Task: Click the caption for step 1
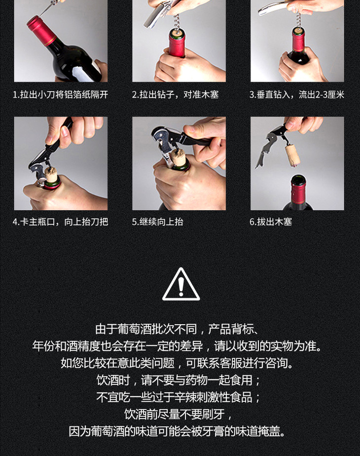coord(61,95)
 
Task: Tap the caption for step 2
coord(175,95)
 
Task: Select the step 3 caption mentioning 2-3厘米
coord(297,95)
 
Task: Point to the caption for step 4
coord(61,222)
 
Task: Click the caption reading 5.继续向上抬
coord(157,222)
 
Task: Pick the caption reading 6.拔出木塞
coord(271,222)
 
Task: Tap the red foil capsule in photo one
coord(41,30)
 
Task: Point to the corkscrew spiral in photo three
coord(298,19)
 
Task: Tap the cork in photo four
coord(51,175)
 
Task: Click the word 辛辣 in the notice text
coord(185,397)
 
